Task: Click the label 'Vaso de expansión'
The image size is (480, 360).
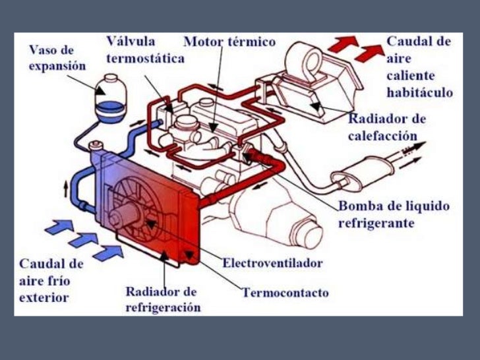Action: (x=58, y=57)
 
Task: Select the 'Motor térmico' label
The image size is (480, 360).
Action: (x=229, y=42)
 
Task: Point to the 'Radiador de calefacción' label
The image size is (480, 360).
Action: (x=387, y=127)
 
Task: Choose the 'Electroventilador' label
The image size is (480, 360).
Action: (x=272, y=263)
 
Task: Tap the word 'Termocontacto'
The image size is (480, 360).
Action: (x=285, y=292)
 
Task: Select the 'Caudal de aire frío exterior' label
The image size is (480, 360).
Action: (x=50, y=281)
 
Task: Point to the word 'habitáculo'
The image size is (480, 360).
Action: (x=420, y=93)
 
